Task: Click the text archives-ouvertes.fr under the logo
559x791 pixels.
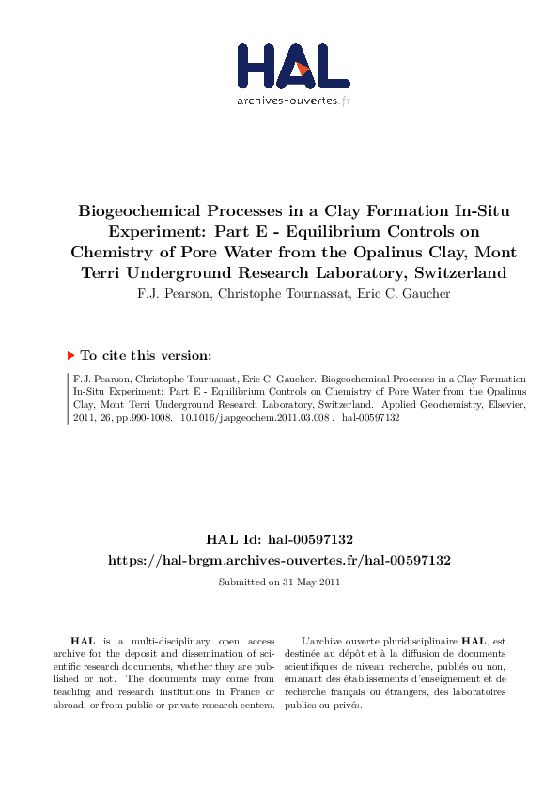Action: [293, 101]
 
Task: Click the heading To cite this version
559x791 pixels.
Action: [146, 356]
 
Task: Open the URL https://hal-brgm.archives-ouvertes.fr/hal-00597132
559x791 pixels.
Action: [279, 560]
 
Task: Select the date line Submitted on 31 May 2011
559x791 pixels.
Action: [279, 582]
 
